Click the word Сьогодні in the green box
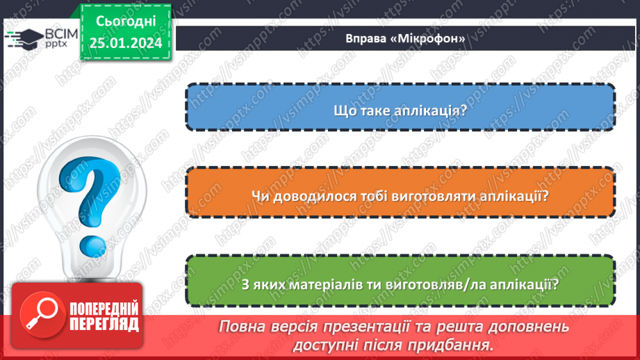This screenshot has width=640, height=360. click(124, 22)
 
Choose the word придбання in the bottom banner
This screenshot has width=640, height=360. click(451, 344)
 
